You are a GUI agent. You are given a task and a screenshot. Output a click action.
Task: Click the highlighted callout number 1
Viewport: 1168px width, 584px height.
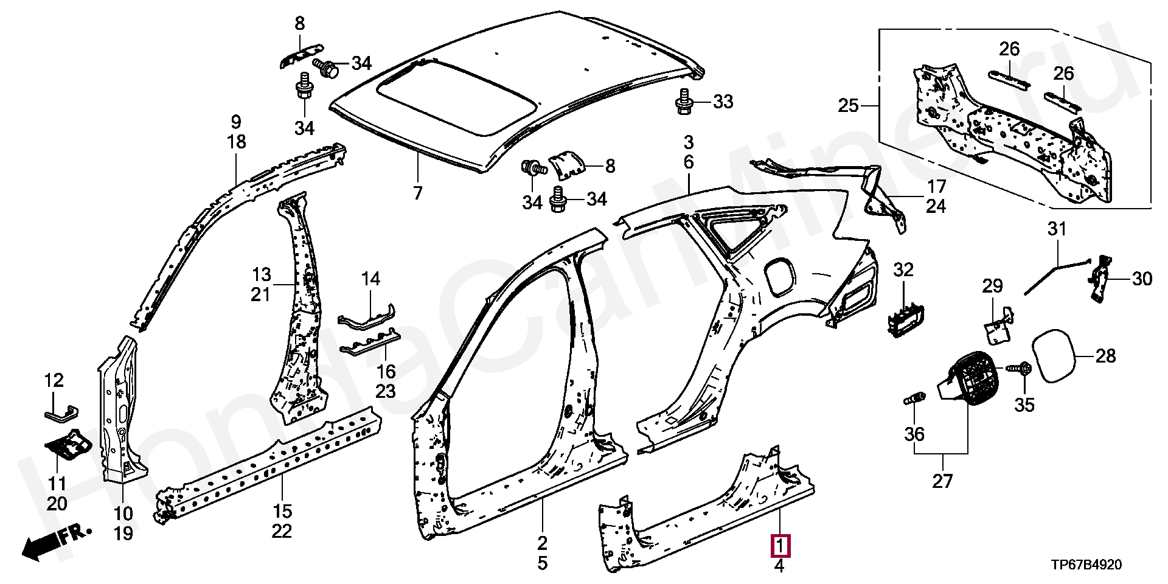point(780,546)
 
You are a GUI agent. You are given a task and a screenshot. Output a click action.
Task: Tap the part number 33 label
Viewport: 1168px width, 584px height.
point(723,102)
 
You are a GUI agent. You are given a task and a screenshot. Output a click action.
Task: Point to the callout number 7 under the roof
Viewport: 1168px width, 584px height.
point(417,193)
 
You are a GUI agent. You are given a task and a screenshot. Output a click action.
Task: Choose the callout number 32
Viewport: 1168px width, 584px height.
point(903,269)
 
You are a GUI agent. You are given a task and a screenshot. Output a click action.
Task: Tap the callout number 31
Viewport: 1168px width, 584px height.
point(1057,229)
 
